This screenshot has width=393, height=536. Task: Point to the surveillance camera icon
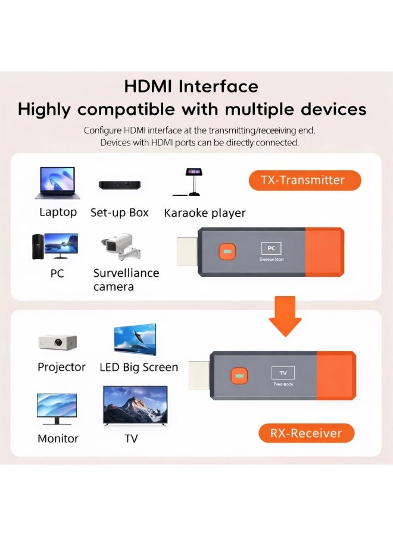point(121,246)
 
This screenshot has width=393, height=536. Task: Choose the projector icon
point(57,341)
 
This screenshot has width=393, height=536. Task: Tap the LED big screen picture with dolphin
point(135,339)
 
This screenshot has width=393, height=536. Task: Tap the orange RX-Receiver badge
point(307,433)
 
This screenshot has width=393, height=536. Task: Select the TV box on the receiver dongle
point(283,373)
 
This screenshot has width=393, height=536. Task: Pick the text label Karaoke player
point(204,213)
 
